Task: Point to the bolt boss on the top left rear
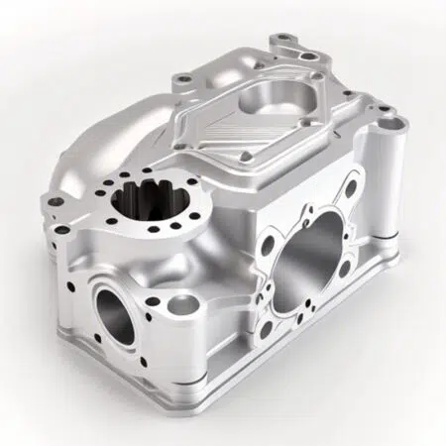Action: [x=180, y=78]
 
